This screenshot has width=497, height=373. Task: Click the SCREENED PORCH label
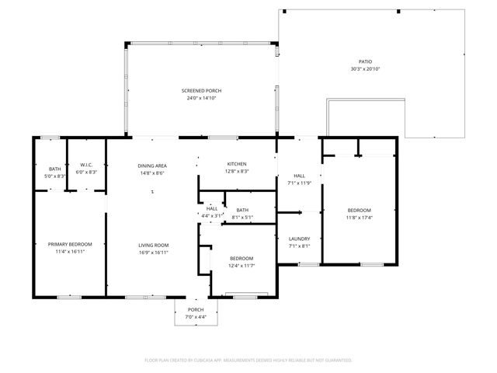202,92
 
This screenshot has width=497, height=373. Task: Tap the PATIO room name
365,62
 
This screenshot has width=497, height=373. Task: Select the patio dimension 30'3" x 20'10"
365,69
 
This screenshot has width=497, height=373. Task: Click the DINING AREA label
152,166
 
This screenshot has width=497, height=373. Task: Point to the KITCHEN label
237,164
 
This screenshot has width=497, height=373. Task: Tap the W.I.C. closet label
86,164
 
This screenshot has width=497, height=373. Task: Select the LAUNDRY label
299,239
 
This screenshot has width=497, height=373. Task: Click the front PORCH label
196,309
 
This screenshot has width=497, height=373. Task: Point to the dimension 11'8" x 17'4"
359,218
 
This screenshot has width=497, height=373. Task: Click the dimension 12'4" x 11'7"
242,266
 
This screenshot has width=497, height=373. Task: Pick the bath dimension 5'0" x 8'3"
55,176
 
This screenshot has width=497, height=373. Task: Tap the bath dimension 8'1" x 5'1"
242,217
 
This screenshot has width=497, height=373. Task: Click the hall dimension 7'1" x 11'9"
299,183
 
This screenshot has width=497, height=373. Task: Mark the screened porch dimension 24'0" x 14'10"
202,99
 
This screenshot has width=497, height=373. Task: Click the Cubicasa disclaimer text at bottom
248,360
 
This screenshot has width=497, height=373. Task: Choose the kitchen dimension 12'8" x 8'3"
237,171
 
